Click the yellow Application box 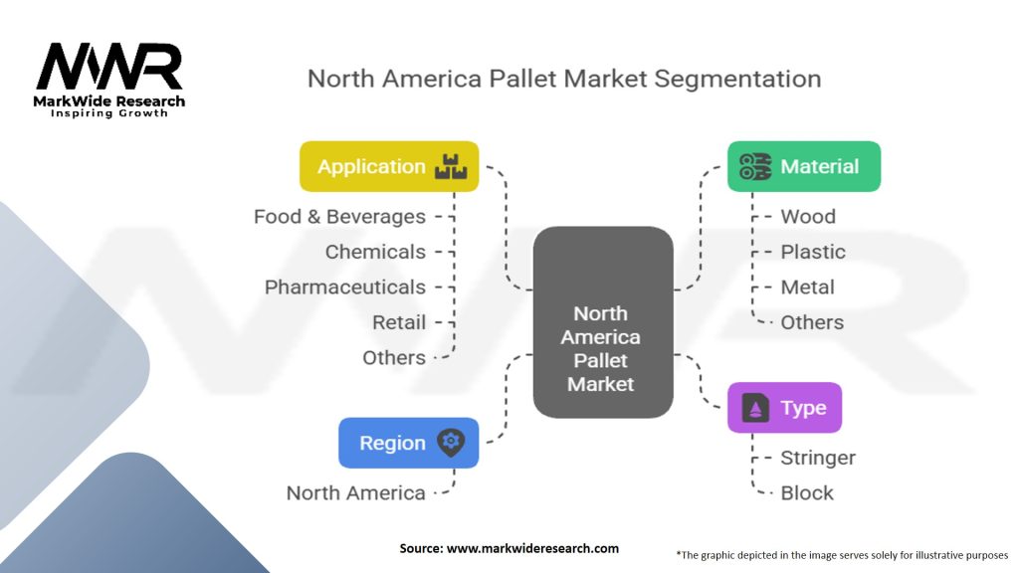click(389, 166)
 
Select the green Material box click(804, 166)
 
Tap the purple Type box click(784, 408)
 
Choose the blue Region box click(408, 443)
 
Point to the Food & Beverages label click(339, 216)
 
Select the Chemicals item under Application click(375, 252)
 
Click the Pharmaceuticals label click(344, 286)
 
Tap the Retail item click(398, 322)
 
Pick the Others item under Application click(394, 357)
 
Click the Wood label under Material click(807, 216)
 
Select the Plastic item click(813, 252)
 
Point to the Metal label click(807, 286)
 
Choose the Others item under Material click(812, 322)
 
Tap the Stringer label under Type click(818, 458)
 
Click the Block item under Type click(807, 492)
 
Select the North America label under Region click(355, 492)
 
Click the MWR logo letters click(109, 68)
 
